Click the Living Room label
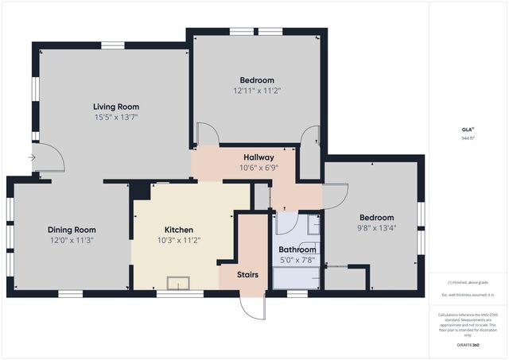click(116, 106)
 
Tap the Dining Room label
click(71, 229)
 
